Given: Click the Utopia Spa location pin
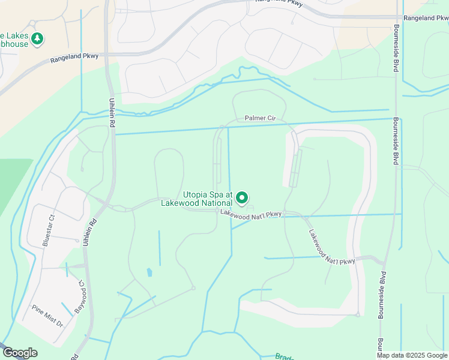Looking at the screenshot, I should [242, 197].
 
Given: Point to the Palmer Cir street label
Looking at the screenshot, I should [259, 118].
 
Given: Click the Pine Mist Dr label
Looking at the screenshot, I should [47, 315].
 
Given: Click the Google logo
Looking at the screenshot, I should [19, 353].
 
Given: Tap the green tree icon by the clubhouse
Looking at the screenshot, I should [38, 39].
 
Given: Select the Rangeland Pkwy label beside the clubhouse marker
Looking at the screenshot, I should [74, 57].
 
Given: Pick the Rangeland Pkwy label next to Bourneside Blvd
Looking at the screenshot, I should [426, 19].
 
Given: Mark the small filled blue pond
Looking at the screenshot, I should [149, 272].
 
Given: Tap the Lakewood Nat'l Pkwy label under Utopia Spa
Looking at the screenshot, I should [250, 213].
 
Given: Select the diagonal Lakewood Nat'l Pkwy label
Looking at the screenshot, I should [331, 248].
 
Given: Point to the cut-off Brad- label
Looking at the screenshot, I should [284, 356].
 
